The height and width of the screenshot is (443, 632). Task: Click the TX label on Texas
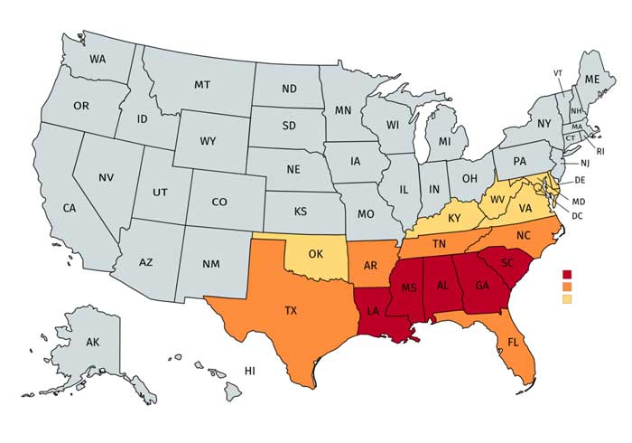(291, 310)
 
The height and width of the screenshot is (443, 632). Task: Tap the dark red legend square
(567, 275)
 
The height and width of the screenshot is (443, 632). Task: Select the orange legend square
(567, 287)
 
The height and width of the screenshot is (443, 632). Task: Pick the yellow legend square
(567, 298)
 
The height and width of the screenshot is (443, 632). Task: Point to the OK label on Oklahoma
(315, 254)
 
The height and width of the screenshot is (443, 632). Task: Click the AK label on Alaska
(93, 344)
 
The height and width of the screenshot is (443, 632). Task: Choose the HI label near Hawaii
(250, 372)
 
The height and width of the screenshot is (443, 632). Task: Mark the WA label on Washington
(99, 60)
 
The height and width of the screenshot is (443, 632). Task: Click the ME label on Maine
(592, 80)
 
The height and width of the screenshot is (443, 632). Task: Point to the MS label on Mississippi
(408, 287)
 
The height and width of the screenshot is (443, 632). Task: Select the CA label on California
(70, 208)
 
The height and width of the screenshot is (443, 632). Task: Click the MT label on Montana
(202, 84)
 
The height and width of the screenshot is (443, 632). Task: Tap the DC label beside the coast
(577, 216)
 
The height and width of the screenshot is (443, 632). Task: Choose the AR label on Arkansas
(371, 266)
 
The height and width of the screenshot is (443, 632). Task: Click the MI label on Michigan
(444, 143)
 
